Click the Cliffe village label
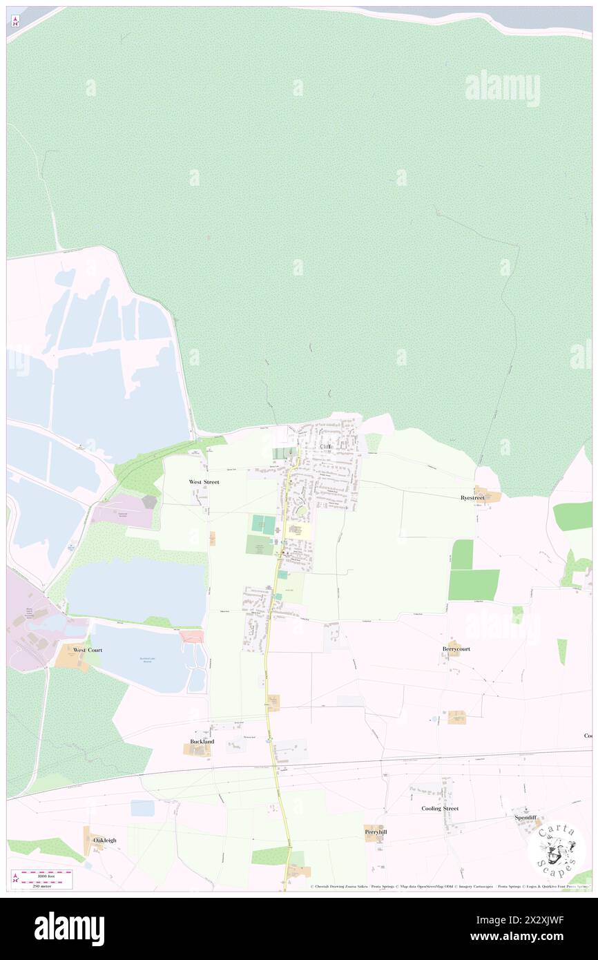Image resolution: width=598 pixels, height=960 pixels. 326,447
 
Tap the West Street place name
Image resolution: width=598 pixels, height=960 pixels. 204,481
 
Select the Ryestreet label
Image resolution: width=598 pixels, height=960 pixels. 473,497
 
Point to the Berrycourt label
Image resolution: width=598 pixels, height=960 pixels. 456,649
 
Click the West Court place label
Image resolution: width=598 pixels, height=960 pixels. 88,650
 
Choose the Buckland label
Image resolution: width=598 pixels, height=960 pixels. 202,741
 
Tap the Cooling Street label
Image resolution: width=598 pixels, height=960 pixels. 440,808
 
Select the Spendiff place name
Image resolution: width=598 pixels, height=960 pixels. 525,817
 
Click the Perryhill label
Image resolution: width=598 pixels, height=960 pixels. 376,832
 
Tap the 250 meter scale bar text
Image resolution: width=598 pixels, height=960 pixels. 46,885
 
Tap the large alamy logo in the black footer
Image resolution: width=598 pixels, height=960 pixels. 69,928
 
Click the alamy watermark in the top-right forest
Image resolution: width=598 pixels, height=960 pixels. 502,88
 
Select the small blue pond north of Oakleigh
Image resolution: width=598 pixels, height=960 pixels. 143,807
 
